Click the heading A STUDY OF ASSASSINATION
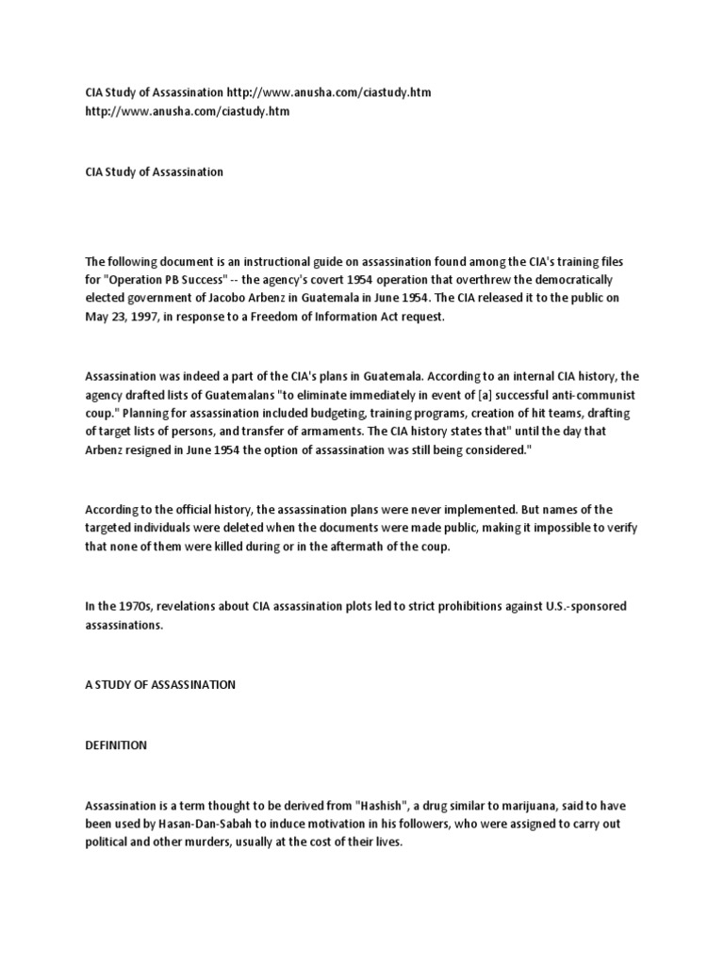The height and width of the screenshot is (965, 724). click(159, 684)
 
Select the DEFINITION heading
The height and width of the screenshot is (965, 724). click(116, 744)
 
